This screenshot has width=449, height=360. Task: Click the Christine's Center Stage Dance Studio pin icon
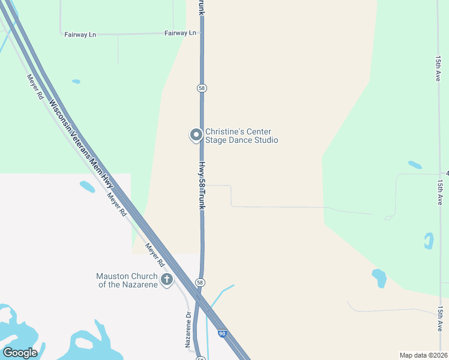pyautogui.click(x=196, y=135)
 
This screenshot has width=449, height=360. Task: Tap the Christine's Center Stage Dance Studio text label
pyautogui.click(x=241, y=136)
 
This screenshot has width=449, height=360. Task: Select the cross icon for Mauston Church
pyautogui.click(x=166, y=279)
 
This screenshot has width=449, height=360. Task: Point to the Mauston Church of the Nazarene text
pyautogui.click(x=127, y=280)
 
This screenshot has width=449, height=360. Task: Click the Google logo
pyautogui.click(x=20, y=353)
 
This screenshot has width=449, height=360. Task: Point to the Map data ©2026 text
pyautogui.click(x=423, y=355)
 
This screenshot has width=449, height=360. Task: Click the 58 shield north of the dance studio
pyautogui.click(x=202, y=88)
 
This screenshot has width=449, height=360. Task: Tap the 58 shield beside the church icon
pyautogui.click(x=200, y=282)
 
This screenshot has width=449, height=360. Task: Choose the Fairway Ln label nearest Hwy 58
pyautogui.click(x=181, y=33)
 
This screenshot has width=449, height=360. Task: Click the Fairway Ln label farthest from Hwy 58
pyautogui.click(x=80, y=34)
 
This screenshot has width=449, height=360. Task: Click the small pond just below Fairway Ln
pyautogui.click(x=76, y=82)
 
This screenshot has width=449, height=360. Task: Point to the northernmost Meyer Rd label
pyautogui.click(x=35, y=87)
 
